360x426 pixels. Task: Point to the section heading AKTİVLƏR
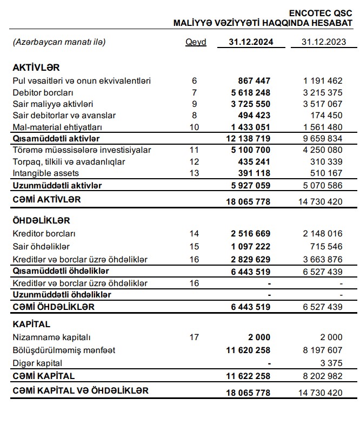[36, 67]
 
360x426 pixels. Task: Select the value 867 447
[254, 81]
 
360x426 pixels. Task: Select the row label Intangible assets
[45, 173]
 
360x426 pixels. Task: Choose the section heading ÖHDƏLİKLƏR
[41, 221]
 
